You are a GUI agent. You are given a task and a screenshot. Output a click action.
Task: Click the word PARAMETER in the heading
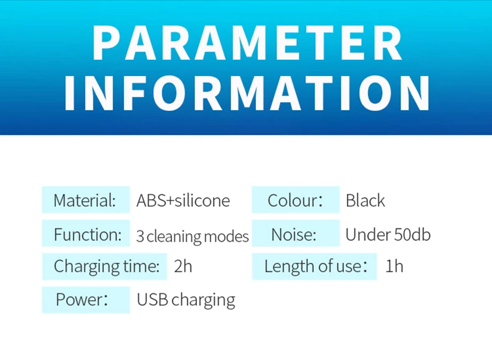point(247,42)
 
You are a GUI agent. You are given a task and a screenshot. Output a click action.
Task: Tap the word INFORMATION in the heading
point(247,93)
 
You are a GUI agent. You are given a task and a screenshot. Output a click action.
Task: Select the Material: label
point(85,201)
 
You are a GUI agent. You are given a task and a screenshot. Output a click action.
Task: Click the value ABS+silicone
point(183,201)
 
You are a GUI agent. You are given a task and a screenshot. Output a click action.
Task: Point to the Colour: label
point(295,201)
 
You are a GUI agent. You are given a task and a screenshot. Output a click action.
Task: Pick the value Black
point(365,201)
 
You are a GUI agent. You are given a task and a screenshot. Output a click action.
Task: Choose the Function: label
point(88,234)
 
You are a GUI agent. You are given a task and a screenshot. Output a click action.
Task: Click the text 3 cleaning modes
point(192,236)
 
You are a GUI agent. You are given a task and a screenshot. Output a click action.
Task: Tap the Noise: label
point(293,234)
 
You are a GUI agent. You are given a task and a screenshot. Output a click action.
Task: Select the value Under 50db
point(388,234)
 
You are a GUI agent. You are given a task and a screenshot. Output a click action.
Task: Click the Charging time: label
point(106,267)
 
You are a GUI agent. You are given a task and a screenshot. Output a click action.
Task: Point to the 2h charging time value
point(183,266)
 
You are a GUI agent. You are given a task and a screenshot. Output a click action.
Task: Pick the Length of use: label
point(316,266)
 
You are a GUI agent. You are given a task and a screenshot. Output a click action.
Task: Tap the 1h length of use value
point(394,266)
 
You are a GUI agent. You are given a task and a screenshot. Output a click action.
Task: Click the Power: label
point(82,300)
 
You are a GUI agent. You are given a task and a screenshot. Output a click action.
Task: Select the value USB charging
point(186,300)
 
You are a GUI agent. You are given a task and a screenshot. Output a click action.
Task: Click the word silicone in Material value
point(202,201)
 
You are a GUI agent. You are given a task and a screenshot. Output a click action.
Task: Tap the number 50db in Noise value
point(412,234)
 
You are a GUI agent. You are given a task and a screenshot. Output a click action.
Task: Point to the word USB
point(153,300)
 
